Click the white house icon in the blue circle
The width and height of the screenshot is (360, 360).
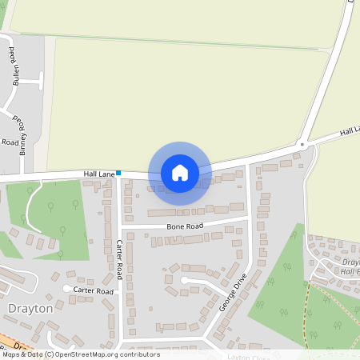(x=180, y=173)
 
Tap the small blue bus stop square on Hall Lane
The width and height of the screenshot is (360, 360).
(x=118, y=173)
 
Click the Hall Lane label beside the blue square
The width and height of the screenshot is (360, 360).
(x=99, y=173)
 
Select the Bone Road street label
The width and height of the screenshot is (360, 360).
(x=185, y=226)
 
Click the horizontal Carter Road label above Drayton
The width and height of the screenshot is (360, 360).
(x=93, y=290)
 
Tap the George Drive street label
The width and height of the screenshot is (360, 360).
(x=233, y=292)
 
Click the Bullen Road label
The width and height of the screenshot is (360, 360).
(x=14, y=66)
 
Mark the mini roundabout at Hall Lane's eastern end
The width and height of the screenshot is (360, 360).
(x=302, y=145)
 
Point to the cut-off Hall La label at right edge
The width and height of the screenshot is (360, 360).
(x=350, y=130)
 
